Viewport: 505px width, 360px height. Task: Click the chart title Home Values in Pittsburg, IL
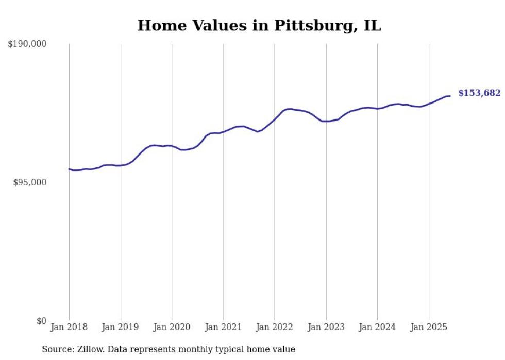259,25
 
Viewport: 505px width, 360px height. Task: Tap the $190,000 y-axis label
27,44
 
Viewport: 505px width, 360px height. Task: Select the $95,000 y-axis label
29,182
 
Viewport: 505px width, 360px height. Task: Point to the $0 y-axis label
41,321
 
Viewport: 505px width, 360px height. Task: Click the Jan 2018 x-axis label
69,327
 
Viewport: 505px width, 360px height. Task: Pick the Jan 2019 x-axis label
121,327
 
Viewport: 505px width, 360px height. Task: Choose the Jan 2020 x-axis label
172,327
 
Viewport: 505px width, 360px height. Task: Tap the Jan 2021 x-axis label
223,327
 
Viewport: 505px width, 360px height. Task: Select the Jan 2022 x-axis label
275,327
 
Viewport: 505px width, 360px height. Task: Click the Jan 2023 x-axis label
326,327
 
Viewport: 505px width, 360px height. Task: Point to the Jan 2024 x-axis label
377,327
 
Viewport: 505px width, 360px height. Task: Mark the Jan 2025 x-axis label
429,327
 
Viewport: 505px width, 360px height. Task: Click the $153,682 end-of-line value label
479,93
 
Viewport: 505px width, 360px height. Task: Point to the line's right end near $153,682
450,96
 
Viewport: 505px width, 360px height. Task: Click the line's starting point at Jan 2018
69,169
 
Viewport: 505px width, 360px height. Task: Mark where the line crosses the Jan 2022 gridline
275,119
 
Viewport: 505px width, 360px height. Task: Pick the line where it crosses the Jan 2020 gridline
172,146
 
